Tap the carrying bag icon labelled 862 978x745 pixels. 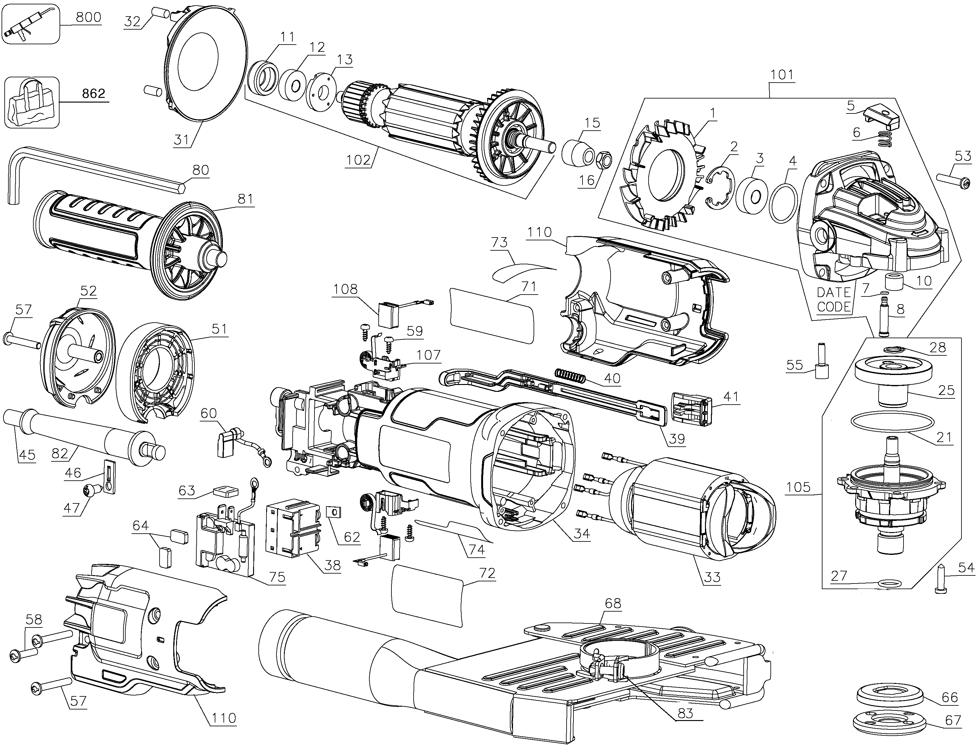coord(32,103)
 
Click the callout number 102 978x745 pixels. coord(358,160)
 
